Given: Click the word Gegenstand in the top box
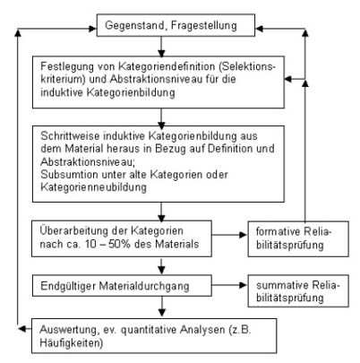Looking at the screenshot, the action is click(x=134, y=26).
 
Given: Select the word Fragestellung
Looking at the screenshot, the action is click(x=204, y=26).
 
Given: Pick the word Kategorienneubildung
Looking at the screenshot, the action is click(x=93, y=187).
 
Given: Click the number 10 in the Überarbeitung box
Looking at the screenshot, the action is click(x=90, y=244).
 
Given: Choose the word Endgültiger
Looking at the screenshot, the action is click(x=68, y=286).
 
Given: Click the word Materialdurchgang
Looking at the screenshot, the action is click(x=144, y=286).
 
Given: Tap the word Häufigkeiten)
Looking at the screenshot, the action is click(x=72, y=343).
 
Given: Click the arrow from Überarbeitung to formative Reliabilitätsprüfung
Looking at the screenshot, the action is click(x=229, y=235).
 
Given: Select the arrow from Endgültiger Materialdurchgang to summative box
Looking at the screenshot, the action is click(x=229, y=285).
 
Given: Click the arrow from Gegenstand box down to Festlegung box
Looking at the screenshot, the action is click(x=161, y=47).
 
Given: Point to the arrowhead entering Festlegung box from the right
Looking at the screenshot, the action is click(x=287, y=79).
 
